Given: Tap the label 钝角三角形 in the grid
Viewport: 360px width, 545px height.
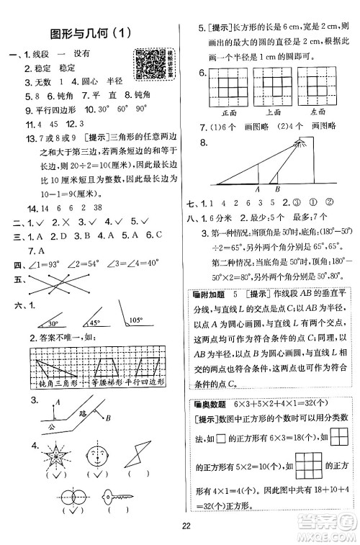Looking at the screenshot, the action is tap(51, 382).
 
